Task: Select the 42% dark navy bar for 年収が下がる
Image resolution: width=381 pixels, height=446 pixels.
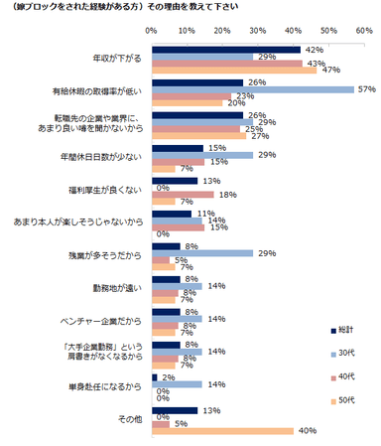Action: (x=225, y=49)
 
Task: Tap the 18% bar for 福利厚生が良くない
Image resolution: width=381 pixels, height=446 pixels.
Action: (x=183, y=195)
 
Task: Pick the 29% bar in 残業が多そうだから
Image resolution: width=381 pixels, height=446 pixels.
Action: (x=202, y=253)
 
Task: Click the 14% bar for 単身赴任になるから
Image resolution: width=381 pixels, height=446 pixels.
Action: (x=176, y=383)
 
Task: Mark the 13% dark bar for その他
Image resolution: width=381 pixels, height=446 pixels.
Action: (x=175, y=408)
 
